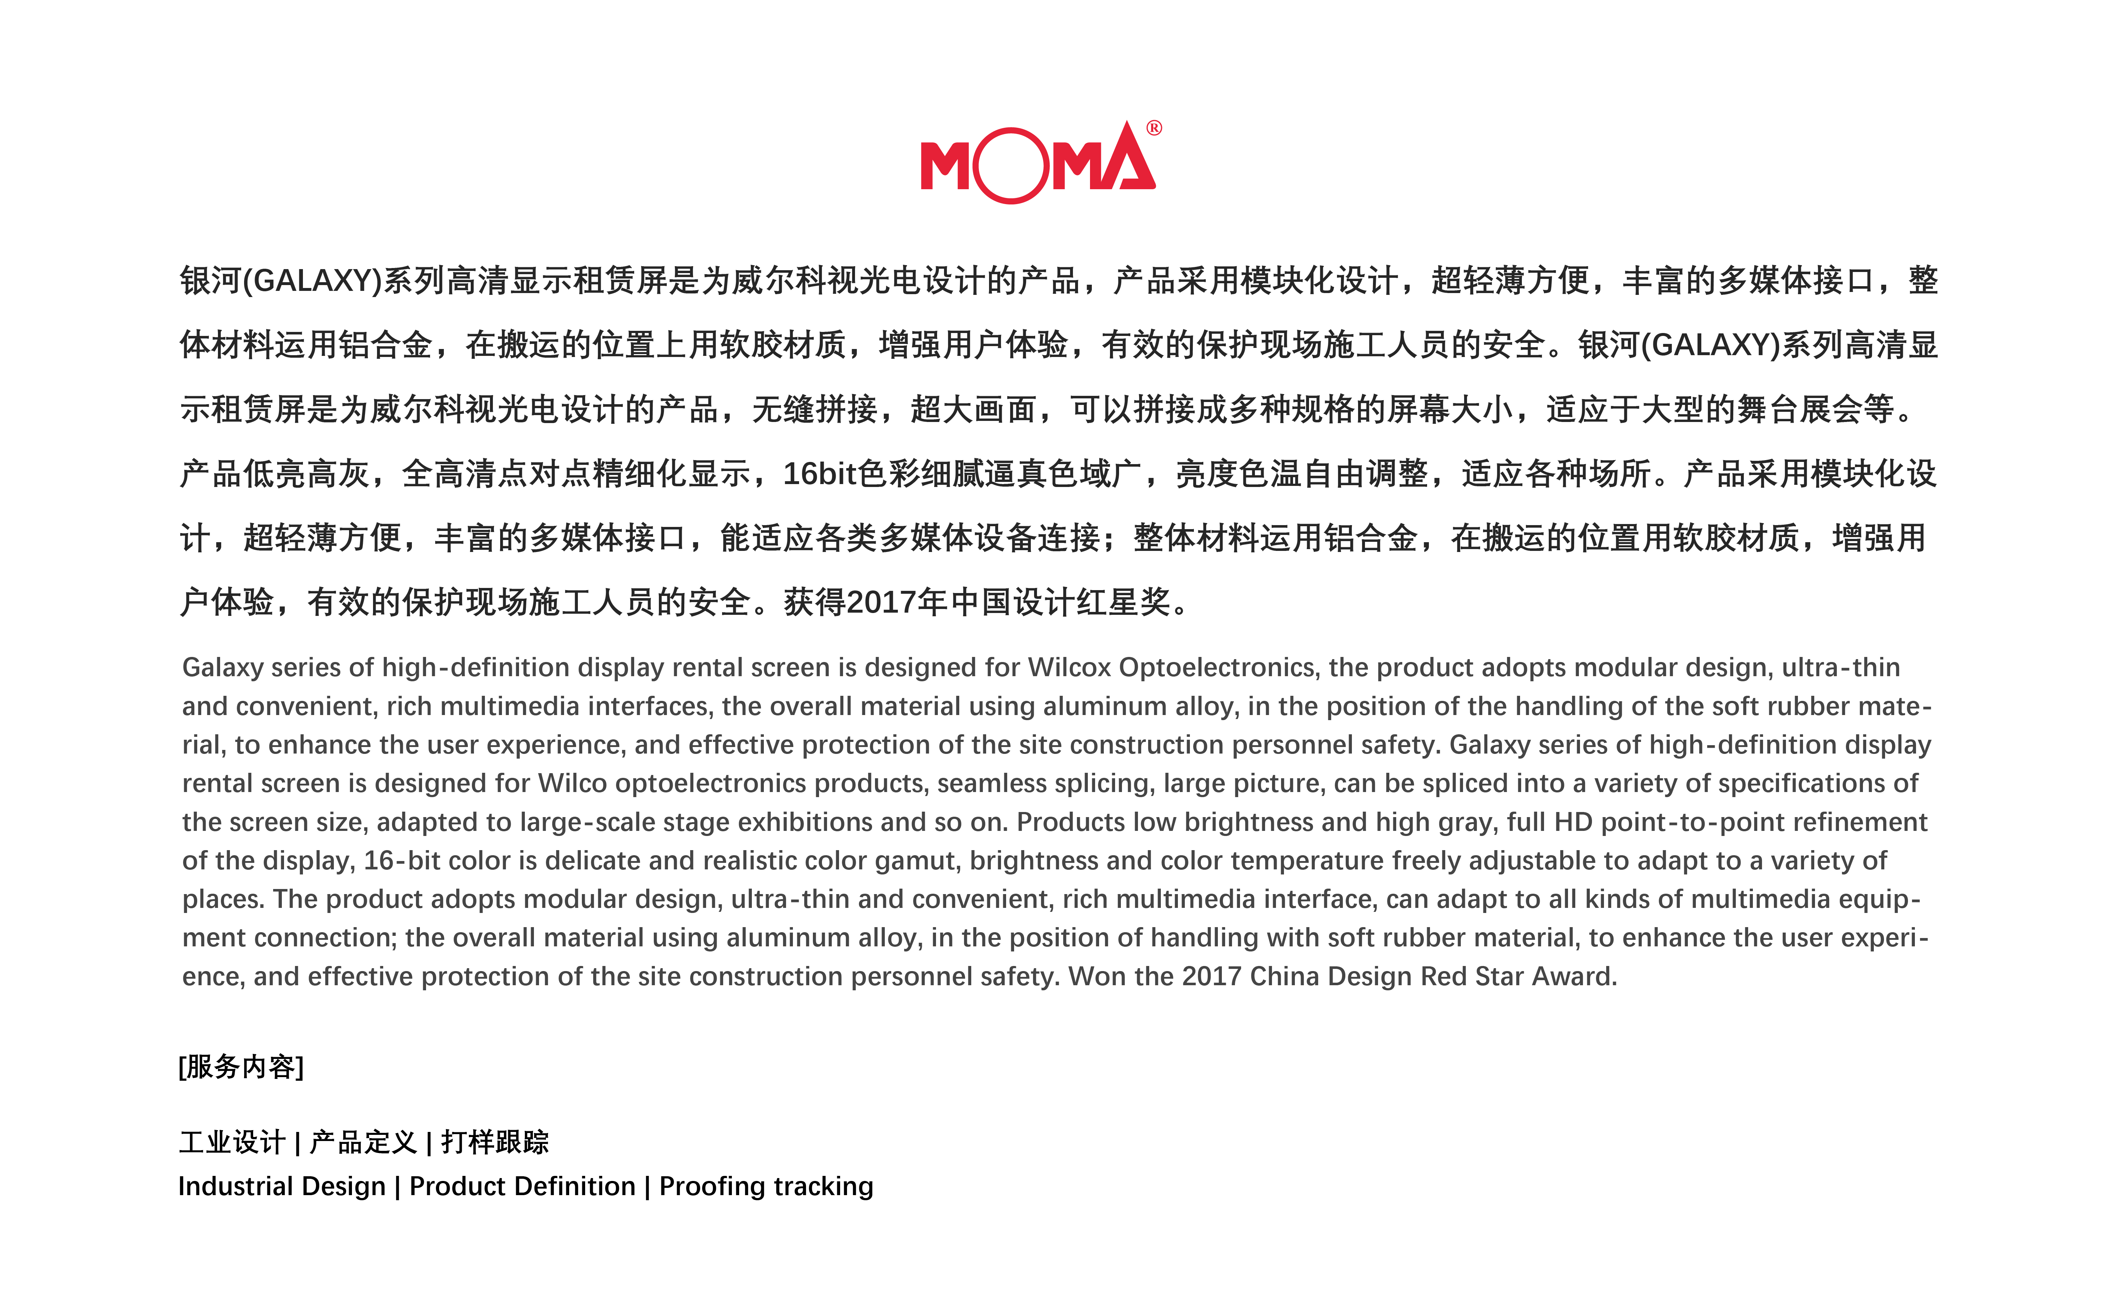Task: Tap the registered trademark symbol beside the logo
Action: pos(1154,128)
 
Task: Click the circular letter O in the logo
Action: pos(1011,166)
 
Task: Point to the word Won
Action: pos(1097,977)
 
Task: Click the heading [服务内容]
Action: pos(241,1067)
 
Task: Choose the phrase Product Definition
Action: pos(522,1187)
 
